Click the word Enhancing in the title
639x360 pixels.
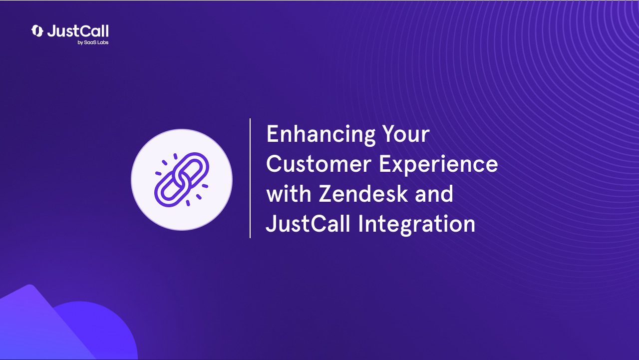point(321,135)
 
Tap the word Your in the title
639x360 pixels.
point(406,134)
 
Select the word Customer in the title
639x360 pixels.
point(319,164)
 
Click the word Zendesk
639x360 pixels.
point(363,193)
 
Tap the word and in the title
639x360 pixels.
point(434,193)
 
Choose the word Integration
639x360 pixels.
point(416,225)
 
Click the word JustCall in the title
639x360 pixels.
point(308,223)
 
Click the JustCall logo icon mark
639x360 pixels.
point(37,31)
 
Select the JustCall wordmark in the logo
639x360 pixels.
point(78,31)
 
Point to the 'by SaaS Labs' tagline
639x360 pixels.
point(93,42)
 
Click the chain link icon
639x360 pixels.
point(182,180)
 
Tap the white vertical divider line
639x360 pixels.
point(250,178)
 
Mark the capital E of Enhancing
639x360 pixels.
point(272,134)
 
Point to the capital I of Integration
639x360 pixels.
point(360,224)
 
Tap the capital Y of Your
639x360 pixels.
point(390,134)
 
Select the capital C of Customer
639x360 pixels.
point(274,164)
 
